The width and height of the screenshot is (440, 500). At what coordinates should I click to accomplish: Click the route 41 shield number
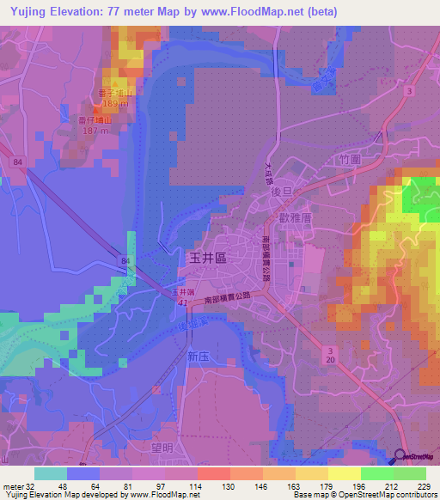pyautogui.click(x=182, y=303)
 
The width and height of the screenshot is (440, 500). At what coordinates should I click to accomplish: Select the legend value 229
pyautogui.click(x=424, y=486)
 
